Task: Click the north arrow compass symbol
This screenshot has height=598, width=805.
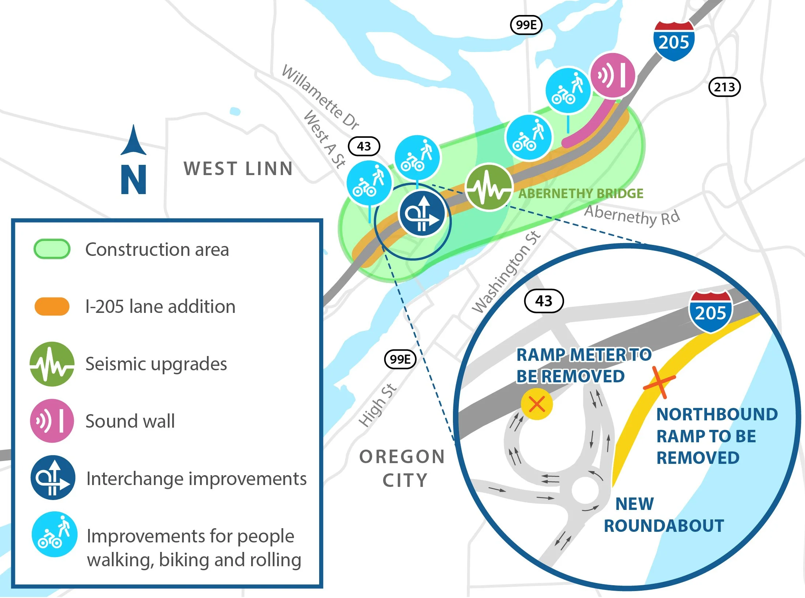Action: (x=134, y=160)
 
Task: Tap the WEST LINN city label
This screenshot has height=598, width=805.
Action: (x=238, y=169)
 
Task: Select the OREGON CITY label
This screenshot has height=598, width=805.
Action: (x=402, y=468)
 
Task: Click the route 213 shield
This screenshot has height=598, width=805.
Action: (x=725, y=87)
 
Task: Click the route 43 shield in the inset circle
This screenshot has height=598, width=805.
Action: (x=544, y=301)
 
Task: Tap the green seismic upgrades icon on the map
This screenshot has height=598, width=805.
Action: (x=488, y=187)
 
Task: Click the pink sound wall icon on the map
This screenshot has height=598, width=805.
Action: (x=613, y=76)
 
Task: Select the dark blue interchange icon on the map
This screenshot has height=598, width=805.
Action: (x=422, y=214)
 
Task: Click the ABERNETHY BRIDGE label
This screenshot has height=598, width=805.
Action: (x=581, y=193)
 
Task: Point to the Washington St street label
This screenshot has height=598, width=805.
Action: (x=506, y=272)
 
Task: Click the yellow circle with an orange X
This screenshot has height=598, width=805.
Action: (x=536, y=404)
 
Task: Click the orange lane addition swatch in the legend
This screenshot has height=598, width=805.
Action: (x=52, y=306)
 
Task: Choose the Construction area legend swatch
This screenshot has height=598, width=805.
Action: (x=52, y=249)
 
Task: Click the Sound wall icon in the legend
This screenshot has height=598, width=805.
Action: (x=52, y=421)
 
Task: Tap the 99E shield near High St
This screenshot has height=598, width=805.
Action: (x=400, y=359)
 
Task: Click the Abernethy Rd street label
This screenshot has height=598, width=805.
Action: (x=632, y=215)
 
